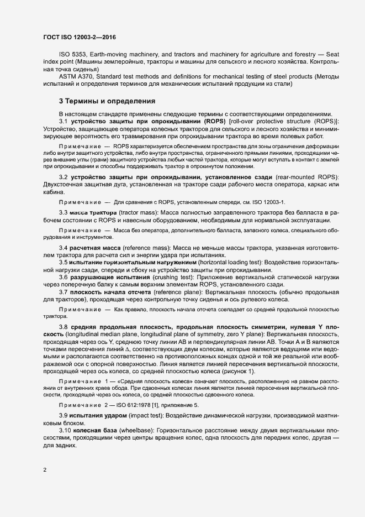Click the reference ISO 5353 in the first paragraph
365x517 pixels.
[70, 55]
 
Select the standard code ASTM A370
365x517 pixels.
[74, 77]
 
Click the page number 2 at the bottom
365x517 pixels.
[44, 470]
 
